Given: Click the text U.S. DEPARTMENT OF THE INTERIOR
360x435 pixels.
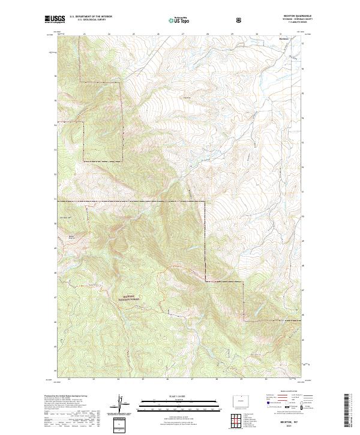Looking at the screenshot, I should tap(91, 16).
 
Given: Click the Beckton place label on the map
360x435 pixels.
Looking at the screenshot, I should tap(284, 40).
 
